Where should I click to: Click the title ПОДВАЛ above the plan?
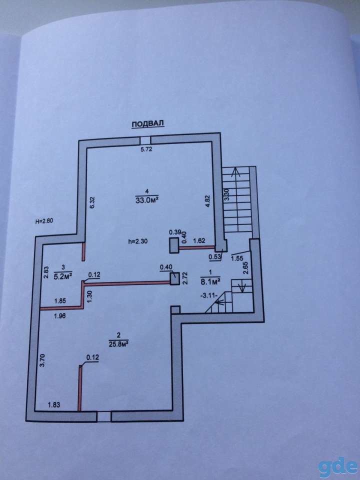[148, 123]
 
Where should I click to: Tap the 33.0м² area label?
[148, 200]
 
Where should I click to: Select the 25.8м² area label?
[118, 344]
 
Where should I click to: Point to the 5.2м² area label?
[63, 276]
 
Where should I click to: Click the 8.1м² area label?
[210, 281]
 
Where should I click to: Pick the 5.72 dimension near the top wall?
[145, 149]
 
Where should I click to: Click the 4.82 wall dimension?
[208, 200]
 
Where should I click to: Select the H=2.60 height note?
[44, 221]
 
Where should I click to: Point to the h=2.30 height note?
[138, 241]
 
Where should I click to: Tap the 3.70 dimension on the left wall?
[43, 360]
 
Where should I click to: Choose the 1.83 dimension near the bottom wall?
[53, 404]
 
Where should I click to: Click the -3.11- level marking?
[208, 295]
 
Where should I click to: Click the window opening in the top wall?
[145, 140]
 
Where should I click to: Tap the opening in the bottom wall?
[104, 416]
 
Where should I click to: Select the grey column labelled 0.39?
[174, 245]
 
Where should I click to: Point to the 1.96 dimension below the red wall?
[59, 316]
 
